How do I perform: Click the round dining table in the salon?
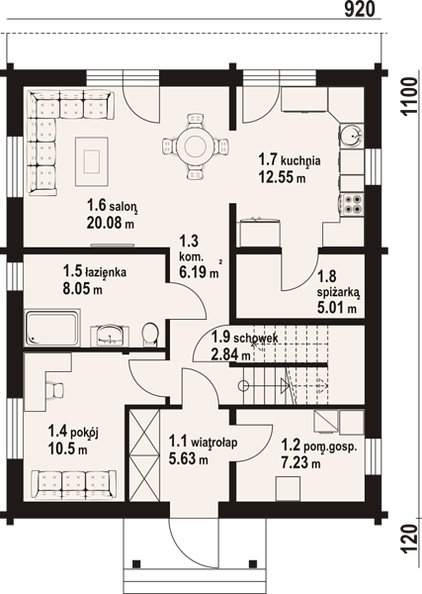click(196, 146)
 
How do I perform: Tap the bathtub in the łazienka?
click(52, 328)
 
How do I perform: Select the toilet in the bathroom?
click(150, 335)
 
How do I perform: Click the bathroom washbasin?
click(110, 336)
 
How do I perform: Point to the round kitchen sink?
click(352, 135)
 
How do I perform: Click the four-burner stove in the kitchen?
click(352, 204)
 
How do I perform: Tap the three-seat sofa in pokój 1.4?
click(74, 485)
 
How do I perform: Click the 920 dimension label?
click(360, 9)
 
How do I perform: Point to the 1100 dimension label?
click(408, 97)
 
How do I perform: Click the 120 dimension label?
click(408, 540)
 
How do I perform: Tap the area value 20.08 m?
click(111, 223)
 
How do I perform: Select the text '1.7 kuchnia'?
click(290, 159)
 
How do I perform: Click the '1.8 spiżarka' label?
click(337, 284)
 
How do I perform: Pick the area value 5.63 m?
click(189, 459)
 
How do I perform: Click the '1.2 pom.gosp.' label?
click(319, 445)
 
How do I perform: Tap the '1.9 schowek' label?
click(245, 337)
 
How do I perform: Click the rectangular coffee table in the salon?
click(92, 161)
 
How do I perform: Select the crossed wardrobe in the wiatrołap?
click(144, 455)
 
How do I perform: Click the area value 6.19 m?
click(199, 272)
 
